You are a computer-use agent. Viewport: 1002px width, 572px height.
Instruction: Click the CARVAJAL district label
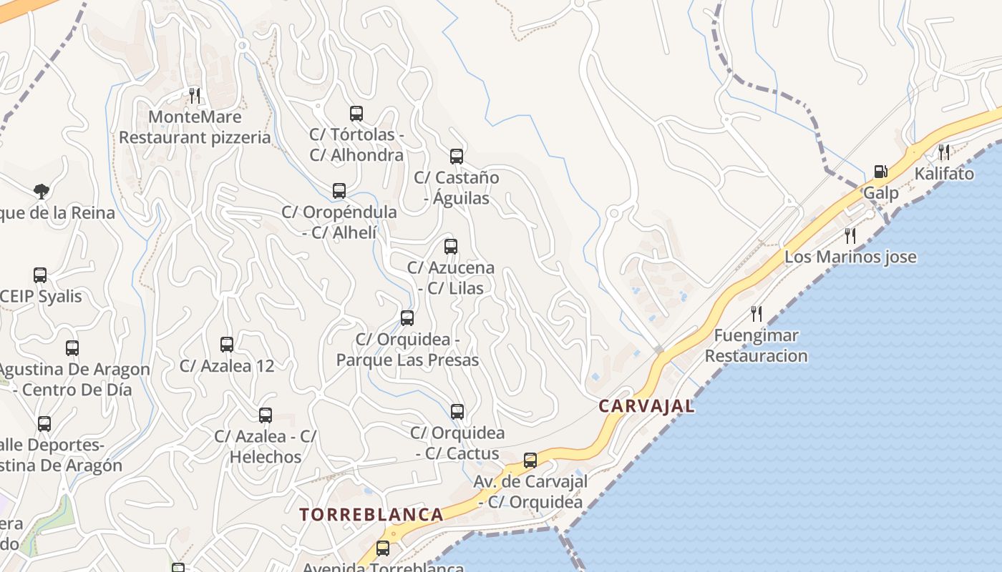[x=646, y=406]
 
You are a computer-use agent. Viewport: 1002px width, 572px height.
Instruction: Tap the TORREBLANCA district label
[x=371, y=514]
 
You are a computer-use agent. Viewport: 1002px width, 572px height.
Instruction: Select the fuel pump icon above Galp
[x=880, y=172]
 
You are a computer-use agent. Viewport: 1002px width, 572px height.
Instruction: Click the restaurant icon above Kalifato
[x=944, y=152]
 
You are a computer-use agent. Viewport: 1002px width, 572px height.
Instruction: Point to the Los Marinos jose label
[x=850, y=257]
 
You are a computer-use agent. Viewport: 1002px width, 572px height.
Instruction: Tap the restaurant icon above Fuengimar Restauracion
[x=756, y=313]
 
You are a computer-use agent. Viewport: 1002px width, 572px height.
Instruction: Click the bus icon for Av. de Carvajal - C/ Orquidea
[x=530, y=460]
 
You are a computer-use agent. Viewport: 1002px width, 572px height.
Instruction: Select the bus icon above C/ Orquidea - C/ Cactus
[x=457, y=412]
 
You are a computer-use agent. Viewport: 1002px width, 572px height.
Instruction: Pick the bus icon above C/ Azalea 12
[x=227, y=345]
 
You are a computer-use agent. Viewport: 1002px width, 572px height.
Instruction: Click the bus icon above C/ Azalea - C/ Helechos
[x=266, y=415]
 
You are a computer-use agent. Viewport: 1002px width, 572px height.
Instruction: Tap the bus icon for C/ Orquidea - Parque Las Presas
[x=407, y=318]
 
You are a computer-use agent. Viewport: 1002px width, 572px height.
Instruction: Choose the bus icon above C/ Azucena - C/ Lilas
[x=451, y=247]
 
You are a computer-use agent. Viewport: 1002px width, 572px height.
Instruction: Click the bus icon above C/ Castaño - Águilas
[x=457, y=157]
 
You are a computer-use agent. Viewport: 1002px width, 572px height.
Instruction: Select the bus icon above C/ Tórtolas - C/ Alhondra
[x=356, y=114]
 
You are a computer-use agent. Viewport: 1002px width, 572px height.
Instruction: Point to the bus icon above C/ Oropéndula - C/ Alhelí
[x=339, y=191]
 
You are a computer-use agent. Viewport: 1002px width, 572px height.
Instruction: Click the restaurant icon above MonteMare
[x=194, y=95]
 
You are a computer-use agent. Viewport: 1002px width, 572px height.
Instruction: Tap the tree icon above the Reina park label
[x=42, y=191]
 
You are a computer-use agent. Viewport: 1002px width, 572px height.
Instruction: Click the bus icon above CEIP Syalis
[x=40, y=275]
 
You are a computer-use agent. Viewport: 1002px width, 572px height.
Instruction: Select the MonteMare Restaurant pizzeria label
[x=195, y=127]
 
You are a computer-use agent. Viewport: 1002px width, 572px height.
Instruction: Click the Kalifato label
[x=944, y=174]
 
